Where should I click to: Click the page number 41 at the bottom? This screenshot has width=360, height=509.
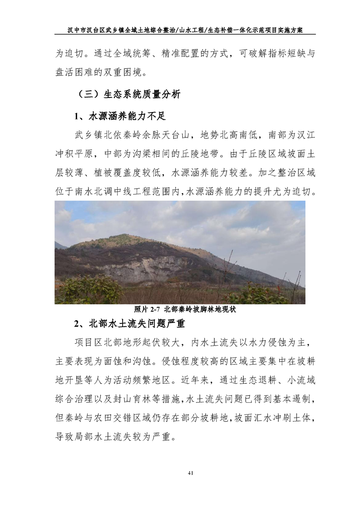pos(190,474)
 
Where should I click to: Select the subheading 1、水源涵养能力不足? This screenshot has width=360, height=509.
pos(120,117)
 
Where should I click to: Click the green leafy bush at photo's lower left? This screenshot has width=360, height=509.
pos(86,290)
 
